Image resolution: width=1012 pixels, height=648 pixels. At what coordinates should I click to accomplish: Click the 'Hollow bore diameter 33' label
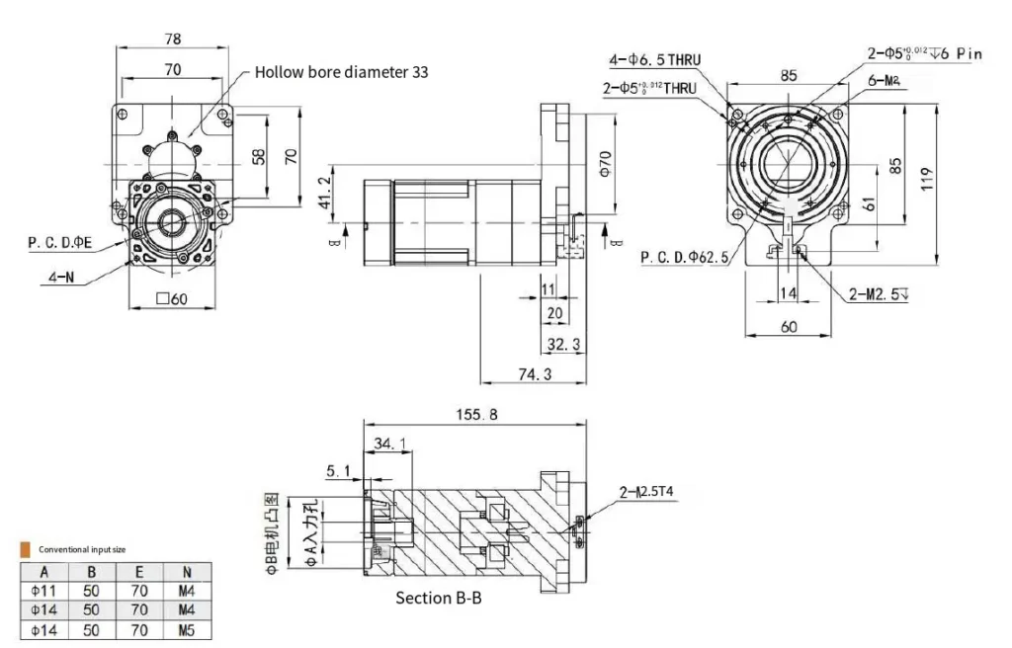(x=341, y=72)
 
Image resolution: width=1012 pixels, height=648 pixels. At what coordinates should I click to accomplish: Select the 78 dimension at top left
(x=173, y=39)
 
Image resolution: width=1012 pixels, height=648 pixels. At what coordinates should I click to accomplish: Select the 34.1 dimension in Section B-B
(x=391, y=445)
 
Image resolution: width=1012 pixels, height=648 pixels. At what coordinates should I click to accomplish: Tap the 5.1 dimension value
(x=338, y=472)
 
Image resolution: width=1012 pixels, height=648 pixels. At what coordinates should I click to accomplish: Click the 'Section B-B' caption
(x=438, y=598)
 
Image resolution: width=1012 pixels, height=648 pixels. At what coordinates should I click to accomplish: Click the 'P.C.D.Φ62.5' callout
(x=685, y=258)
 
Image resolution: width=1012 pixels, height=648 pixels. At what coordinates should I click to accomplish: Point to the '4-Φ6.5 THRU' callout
(x=654, y=60)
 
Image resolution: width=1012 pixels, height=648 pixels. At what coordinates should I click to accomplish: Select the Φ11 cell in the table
(x=43, y=591)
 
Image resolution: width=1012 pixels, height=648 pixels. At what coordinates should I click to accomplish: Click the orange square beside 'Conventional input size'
(x=25, y=548)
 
